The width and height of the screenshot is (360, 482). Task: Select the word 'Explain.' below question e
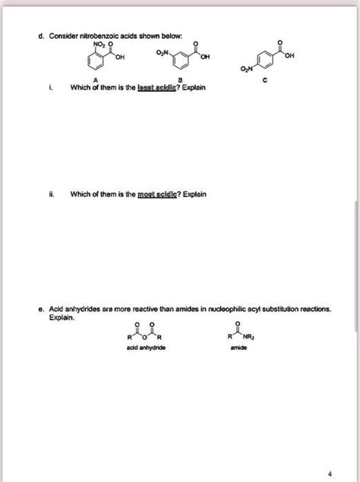click(60, 319)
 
